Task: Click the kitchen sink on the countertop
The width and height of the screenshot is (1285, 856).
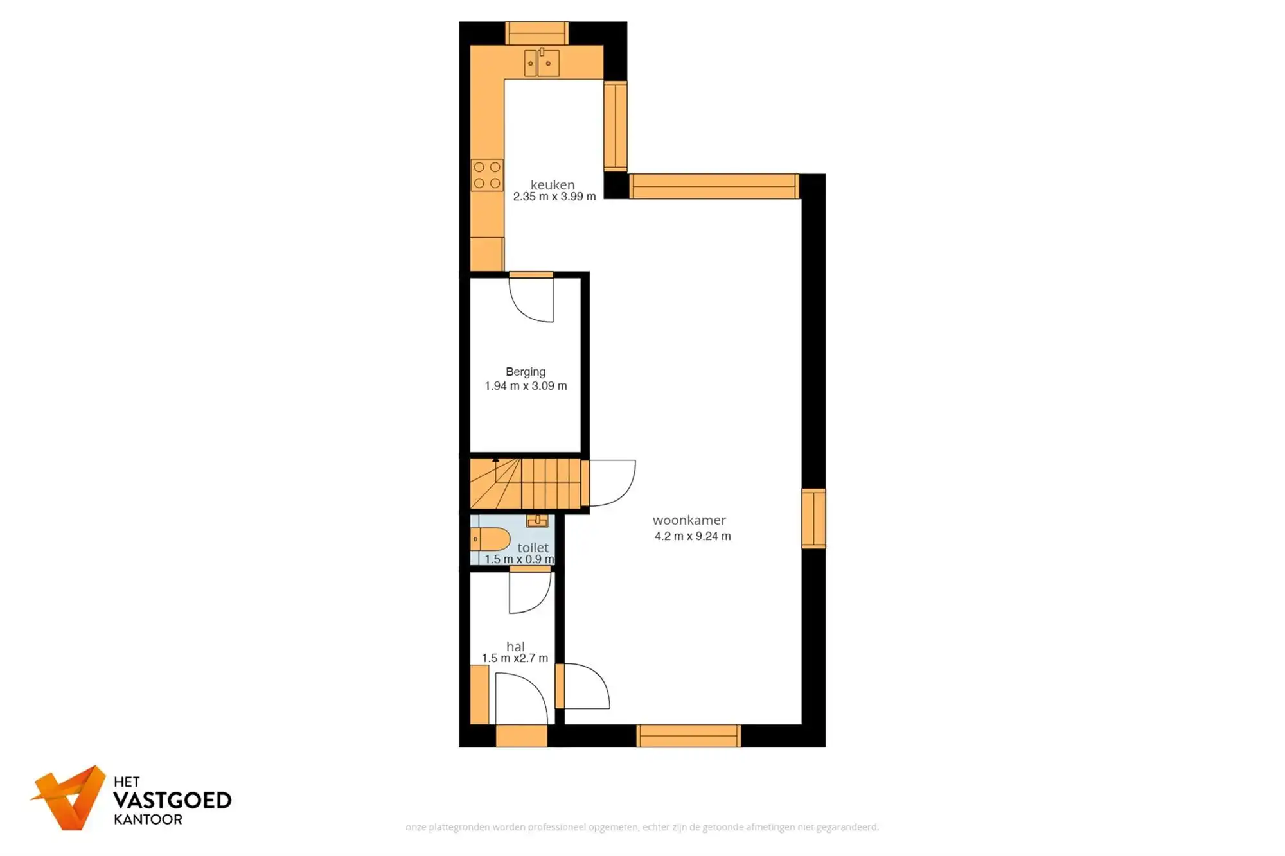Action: pos(542,63)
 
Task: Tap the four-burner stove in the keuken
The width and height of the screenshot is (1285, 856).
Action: pos(487,175)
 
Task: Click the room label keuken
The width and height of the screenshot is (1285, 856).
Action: pos(553,185)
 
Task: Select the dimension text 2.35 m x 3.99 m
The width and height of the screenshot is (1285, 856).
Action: pos(554,197)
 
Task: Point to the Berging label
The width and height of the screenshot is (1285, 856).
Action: pos(526,372)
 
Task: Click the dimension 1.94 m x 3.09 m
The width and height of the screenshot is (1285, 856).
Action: pos(526,386)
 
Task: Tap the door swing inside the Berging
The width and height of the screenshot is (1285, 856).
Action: pos(533,299)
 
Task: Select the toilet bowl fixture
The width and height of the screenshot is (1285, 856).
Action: pos(492,539)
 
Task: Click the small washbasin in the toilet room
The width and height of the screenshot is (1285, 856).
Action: pos(537,521)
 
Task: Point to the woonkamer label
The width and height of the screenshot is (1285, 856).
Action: pos(689,520)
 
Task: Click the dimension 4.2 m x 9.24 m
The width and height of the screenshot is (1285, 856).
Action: pos(693,536)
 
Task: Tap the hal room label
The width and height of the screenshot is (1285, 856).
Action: pos(515,647)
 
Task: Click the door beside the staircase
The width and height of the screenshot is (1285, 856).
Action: pos(612,482)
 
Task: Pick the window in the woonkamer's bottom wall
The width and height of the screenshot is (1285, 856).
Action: pos(688,736)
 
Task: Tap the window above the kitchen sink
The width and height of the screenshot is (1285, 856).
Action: pos(536,33)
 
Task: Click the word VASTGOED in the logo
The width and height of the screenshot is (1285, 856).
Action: pos(172,800)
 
